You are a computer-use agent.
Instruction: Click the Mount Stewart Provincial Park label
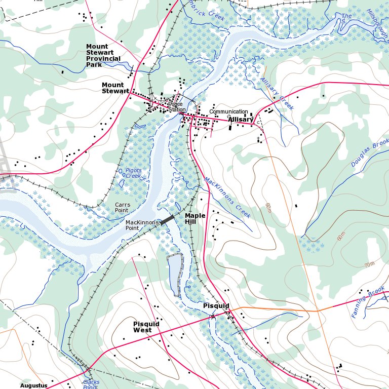coord(103,55)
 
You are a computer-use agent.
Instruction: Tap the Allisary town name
coord(241,120)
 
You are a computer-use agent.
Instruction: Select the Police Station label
coord(177,107)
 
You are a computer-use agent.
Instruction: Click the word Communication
coord(228,112)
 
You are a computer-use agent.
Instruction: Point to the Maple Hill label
coord(195,219)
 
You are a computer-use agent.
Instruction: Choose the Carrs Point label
coord(122,207)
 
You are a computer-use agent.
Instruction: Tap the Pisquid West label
coord(146,327)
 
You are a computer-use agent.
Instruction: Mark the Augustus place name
coord(33,385)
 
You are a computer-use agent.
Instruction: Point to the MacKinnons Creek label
coord(227,198)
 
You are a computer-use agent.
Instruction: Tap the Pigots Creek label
coord(130,173)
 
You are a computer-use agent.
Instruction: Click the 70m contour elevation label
coord(369,264)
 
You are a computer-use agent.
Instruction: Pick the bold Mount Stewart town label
coord(115,88)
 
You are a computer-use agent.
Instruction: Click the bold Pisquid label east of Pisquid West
coord(216,306)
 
